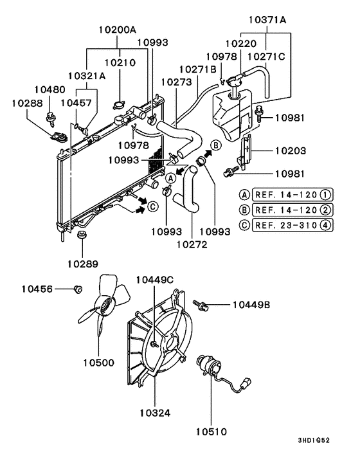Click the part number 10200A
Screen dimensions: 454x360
(x=118, y=30)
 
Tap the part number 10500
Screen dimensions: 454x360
(x=98, y=362)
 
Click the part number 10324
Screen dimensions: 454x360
(x=154, y=412)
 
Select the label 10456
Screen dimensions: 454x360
(x=38, y=289)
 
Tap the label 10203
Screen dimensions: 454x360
(x=291, y=150)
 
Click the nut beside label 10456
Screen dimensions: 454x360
(x=77, y=289)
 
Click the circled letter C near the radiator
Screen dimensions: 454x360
(x=152, y=207)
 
